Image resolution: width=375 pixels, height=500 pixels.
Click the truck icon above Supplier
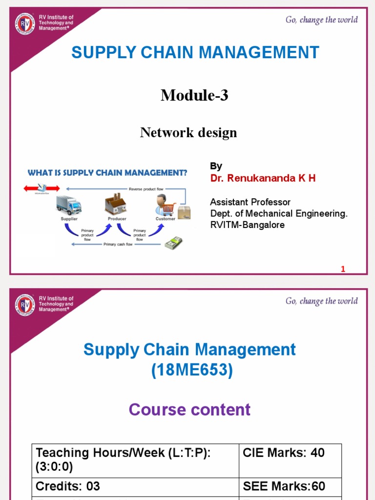point(68,205)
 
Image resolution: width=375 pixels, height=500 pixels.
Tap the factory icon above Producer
point(116,204)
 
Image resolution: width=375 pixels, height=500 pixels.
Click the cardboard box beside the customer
point(184,212)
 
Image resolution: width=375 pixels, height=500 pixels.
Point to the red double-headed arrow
point(41,188)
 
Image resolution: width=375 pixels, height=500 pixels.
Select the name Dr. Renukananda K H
point(263,178)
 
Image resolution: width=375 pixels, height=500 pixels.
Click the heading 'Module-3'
point(194,96)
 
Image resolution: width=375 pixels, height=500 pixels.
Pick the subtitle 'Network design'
point(188,132)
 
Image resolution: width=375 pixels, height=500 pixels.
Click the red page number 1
point(343,269)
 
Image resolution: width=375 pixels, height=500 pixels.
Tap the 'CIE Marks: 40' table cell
point(284,453)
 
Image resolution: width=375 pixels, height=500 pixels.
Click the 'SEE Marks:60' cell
point(284,486)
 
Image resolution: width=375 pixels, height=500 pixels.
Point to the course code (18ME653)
point(192,371)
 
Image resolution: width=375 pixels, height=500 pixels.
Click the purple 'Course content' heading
point(189,409)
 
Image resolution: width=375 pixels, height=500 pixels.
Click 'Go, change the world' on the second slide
point(321,301)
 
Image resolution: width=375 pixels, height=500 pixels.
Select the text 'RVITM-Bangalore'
point(247,225)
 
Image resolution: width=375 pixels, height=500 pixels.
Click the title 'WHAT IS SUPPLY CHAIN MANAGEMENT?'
point(107,172)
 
